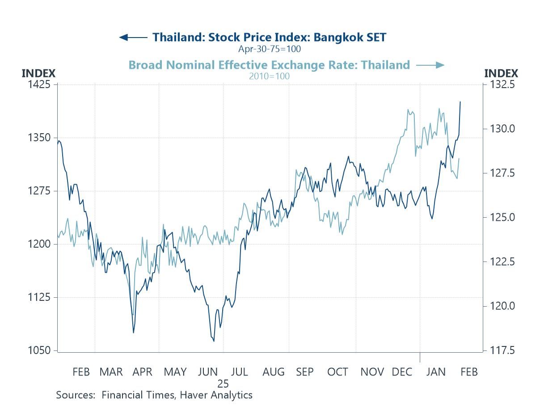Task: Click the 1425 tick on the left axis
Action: click(x=39, y=84)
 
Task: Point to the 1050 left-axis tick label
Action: click(x=39, y=350)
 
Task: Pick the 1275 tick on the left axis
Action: click(x=39, y=191)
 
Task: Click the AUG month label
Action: click(x=273, y=372)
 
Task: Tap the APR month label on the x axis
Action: click(x=142, y=372)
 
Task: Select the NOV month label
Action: click(x=372, y=372)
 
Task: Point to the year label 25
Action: click(x=223, y=384)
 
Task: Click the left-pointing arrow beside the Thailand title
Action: click(x=133, y=37)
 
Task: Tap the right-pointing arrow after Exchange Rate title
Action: click(x=430, y=65)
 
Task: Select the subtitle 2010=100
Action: click(x=269, y=76)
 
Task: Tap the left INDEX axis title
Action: click(x=38, y=73)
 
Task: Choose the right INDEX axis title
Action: click(x=501, y=73)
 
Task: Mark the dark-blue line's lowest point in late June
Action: click(x=214, y=341)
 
